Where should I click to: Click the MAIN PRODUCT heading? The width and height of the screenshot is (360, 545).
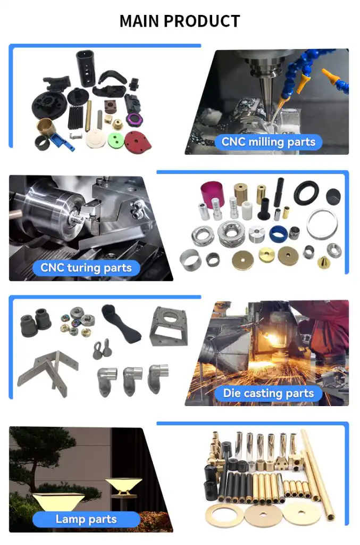click(x=180, y=21)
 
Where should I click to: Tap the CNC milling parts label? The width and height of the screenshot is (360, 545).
click(x=269, y=142)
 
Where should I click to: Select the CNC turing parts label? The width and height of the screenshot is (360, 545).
click(x=86, y=268)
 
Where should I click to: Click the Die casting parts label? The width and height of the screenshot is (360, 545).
click(x=269, y=393)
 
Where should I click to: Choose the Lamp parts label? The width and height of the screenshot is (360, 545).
click(x=86, y=519)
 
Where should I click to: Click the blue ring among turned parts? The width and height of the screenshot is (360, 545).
click(x=278, y=234)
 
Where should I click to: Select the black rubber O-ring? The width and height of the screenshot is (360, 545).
click(x=306, y=193)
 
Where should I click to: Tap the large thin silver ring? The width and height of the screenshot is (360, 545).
click(x=322, y=224)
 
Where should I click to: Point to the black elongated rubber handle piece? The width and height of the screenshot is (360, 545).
click(x=121, y=324)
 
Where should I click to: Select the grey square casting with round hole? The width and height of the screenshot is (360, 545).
click(x=169, y=326)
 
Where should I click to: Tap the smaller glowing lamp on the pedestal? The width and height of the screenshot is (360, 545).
click(x=123, y=486)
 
